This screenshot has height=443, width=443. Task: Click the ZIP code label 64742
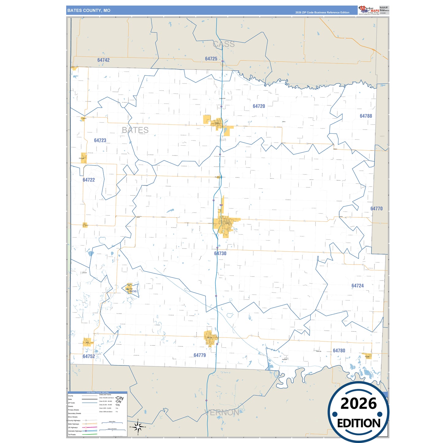tap(103, 60)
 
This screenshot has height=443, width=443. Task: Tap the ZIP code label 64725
tap(211, 59)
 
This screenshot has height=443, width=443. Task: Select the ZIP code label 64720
tap(259, 106)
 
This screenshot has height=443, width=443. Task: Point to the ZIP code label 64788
tap(366, 116)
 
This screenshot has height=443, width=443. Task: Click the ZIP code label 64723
tap(100, 140)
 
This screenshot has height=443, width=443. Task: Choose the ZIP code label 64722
tap(89, 180)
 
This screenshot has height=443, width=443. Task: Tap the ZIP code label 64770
tap(376, 209)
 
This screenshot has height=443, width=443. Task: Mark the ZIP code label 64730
tap(220, 254)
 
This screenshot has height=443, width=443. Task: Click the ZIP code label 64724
tap(357, 286)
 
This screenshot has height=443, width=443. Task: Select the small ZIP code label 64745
tap(133, 291)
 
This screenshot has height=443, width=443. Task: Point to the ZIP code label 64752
tap(89, 356)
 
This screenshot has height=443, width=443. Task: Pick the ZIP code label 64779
tap(200, 355)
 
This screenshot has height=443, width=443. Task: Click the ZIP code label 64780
tap(339, 351)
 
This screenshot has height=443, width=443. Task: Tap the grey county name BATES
tap(135, 130)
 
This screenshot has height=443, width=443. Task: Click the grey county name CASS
tap(224, 44)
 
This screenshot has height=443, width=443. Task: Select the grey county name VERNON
tap(222, 413)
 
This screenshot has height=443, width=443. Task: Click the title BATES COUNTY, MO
tap(89, 10)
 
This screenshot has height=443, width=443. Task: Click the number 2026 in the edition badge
tap(358, 404)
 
